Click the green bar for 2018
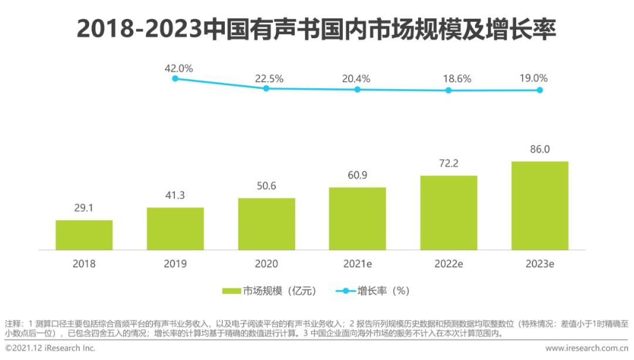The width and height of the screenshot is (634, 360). coord(84,235)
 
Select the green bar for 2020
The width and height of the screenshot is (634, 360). coord(267,224)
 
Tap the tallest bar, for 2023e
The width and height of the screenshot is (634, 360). coord(539,206)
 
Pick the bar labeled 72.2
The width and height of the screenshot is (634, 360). coord(448,213)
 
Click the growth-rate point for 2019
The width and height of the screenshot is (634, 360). coord(175,78)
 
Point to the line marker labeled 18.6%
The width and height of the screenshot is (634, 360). coord(448,90)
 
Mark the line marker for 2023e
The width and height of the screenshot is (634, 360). coord(539,90)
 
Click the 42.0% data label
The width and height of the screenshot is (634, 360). coord(178,68)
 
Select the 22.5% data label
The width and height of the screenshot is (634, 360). coord(269,78)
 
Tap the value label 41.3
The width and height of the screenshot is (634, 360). coord(175,196)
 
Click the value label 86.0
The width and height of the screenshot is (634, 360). coord(539,149)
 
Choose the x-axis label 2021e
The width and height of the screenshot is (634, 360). coord(358,264)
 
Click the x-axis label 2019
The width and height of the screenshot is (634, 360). coord(175,264)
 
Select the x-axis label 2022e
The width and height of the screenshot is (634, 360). coord(448,264)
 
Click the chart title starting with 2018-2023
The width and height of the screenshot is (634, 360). coord(316,29)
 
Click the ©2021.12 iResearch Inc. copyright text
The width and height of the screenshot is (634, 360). coord(50,348)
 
